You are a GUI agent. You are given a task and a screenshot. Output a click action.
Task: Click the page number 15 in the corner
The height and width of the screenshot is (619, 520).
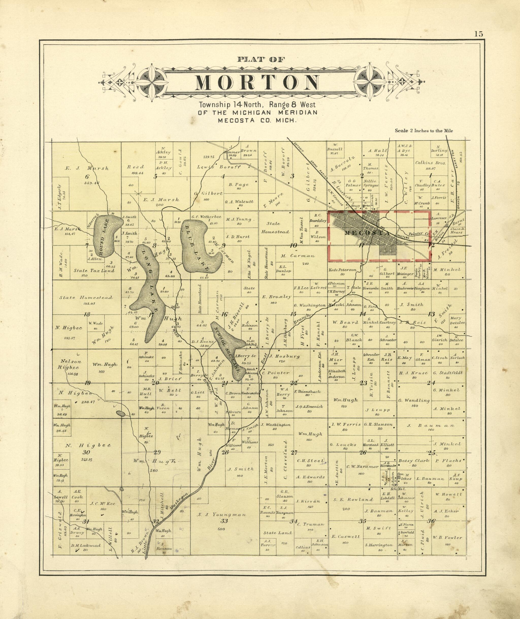(x=479, y=34)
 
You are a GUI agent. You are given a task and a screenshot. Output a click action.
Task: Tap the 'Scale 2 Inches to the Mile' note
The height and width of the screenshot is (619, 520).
(x=424, y=131)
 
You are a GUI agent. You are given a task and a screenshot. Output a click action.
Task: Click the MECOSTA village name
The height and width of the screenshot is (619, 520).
(x=367, y=233)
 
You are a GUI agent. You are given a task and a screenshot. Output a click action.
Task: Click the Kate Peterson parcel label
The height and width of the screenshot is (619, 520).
(x=343, y=270)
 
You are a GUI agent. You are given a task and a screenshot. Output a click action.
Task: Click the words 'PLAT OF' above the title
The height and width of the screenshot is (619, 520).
(x=261, y=60)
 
